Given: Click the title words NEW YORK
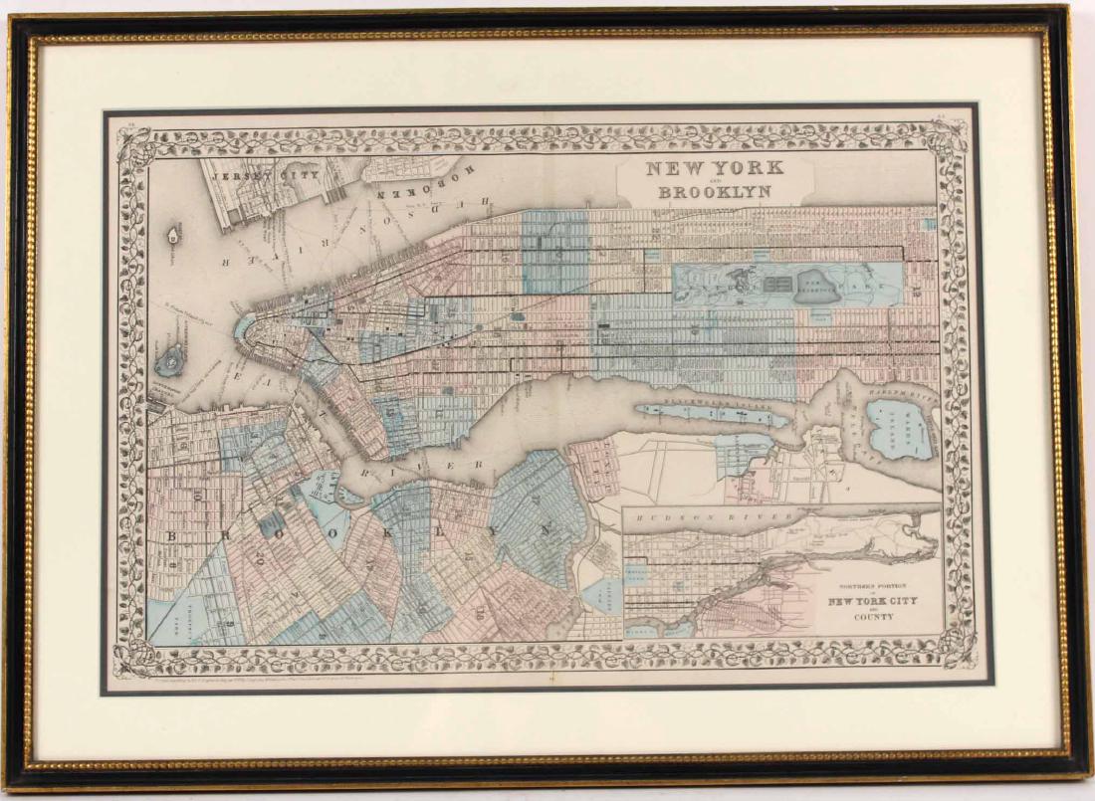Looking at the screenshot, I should (715, 168).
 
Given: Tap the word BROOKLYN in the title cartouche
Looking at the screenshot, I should (715, 191).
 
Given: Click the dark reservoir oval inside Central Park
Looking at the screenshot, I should (826, 283).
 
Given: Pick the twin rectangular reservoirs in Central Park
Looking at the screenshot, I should (777, 284).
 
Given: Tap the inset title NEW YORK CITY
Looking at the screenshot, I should (861, 602).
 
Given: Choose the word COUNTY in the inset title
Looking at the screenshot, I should (862, 617).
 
